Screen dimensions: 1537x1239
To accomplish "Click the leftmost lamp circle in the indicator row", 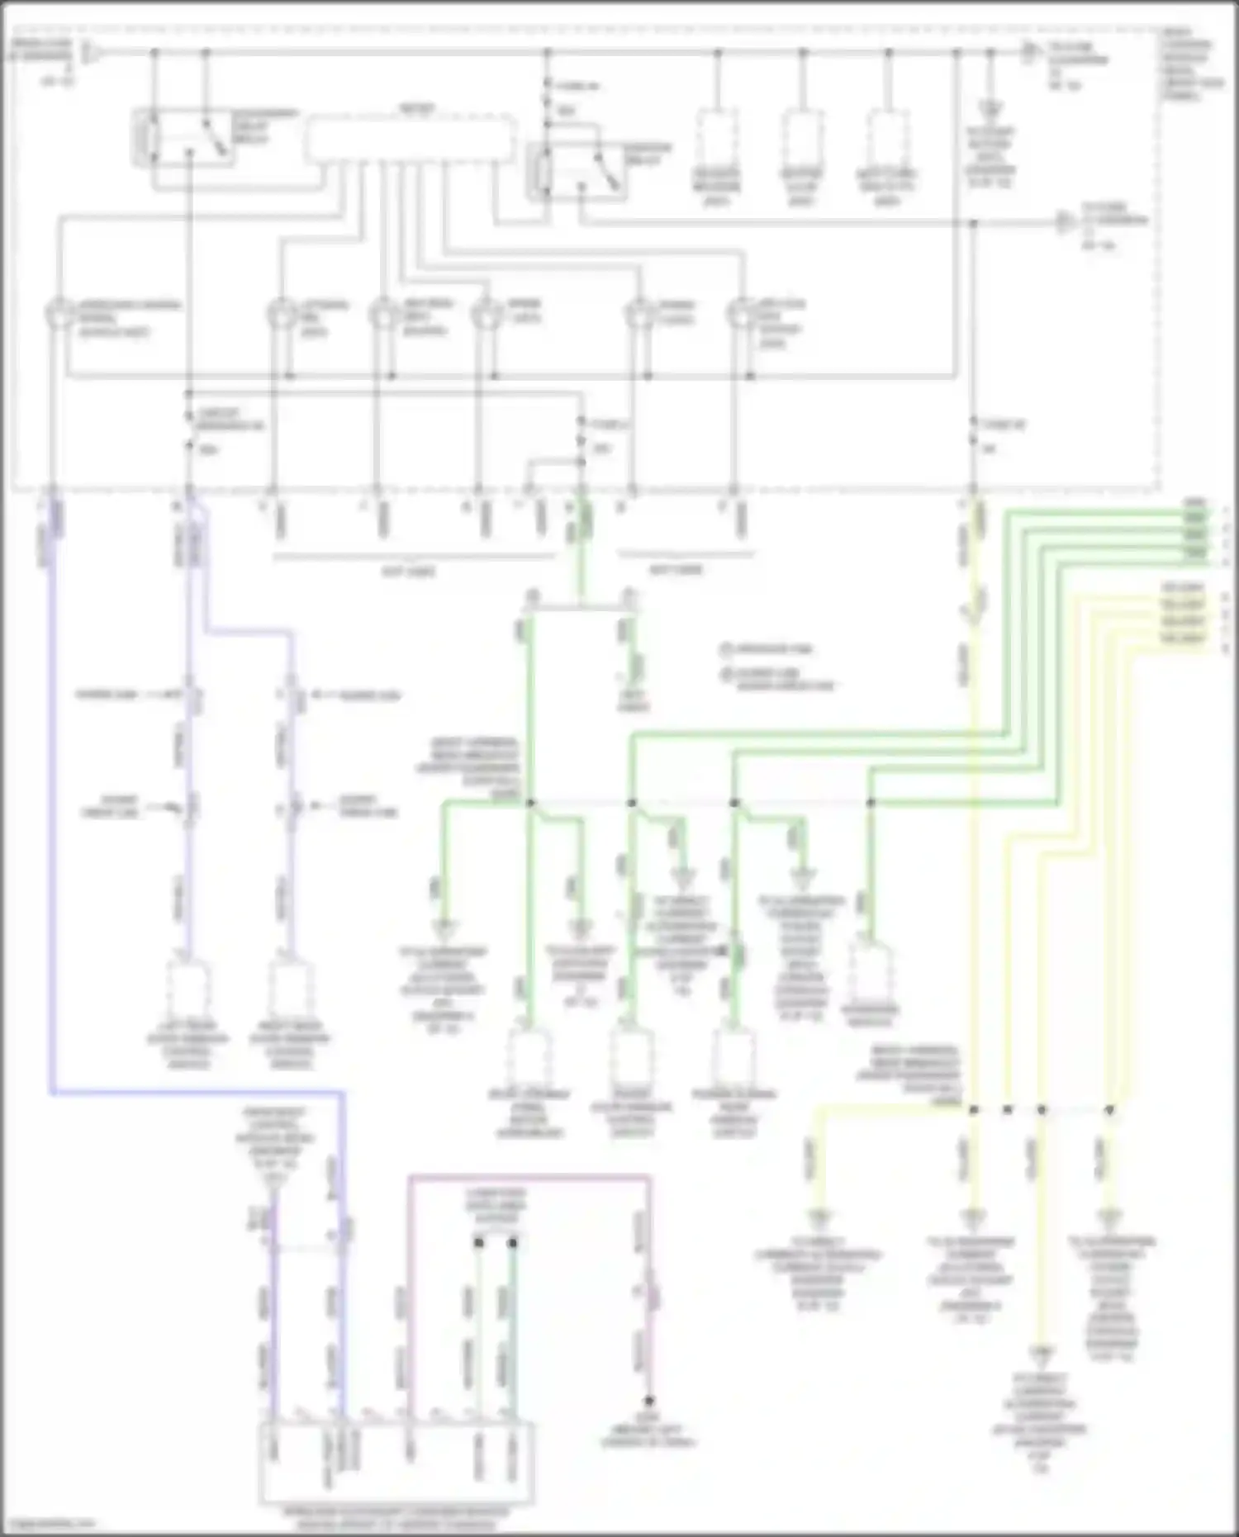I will (x=59, y=316).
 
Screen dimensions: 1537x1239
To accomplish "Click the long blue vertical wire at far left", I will (x=52, y=826).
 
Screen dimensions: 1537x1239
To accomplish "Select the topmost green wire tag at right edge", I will (x=1194, y=503).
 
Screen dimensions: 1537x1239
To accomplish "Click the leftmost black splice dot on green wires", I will (x=530, y=803).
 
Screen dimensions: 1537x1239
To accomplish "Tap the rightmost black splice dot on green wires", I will (x=870, y=803).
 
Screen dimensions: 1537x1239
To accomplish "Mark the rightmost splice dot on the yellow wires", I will (x=1109, y=1110).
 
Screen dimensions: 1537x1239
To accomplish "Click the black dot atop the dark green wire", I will (x=513, y=1242).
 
